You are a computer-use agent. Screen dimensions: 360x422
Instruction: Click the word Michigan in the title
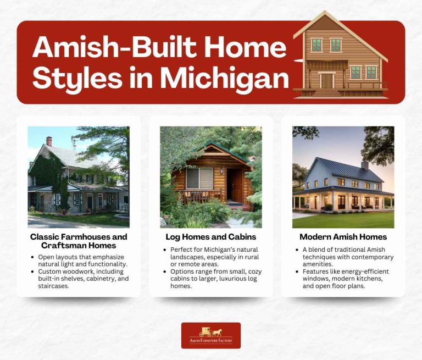pyautogui.click(x=225, y=79)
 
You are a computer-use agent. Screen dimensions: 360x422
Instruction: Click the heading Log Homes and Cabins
pyautogui.click(x=210, y=237)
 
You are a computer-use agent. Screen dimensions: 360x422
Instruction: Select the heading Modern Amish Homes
pyautogui.click(x=343, y=237)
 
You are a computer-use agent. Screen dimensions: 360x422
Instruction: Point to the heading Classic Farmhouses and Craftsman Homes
pyautogui.click(x=79, y=241)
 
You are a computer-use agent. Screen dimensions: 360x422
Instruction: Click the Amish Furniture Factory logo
pyautogui.click(x=211, y=335)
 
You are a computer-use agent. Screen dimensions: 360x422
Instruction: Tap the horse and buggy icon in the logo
pyautogui.click(x=211, y=331)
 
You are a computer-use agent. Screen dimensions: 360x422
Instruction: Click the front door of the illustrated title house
pyautogui.click(x=327, y=81)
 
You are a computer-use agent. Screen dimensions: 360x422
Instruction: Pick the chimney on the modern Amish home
pyautogui.click(x=365, y=165)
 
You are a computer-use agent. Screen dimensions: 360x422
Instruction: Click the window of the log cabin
pyautogui.click(x=199, y=179)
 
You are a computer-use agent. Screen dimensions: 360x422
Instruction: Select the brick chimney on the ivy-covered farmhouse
pyautogui.click(x=49, y=141)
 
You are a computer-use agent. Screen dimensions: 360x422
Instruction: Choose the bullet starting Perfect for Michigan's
pyautogui.click(x=212, y=257)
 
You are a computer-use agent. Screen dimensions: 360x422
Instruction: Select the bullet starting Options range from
pyautogui.click(x=212, y=279)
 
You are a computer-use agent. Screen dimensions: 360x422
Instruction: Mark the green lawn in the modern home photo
pyautogui.click(x=343, y=220)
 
